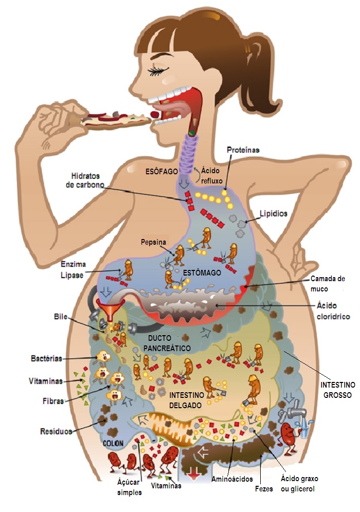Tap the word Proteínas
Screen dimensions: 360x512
(x=243, y=150)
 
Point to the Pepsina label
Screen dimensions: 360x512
(x=153, y=242)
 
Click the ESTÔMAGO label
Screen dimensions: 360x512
(x=203, y=273)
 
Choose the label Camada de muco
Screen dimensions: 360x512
(x=327, y=283)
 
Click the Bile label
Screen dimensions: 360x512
(x=61, y=316)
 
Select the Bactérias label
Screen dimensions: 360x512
(x=46, y=357)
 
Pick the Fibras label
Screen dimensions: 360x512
(x=52, y=401)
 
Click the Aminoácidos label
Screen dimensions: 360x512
(x=232, y=479)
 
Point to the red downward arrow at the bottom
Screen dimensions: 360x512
(x=194, y=474)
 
